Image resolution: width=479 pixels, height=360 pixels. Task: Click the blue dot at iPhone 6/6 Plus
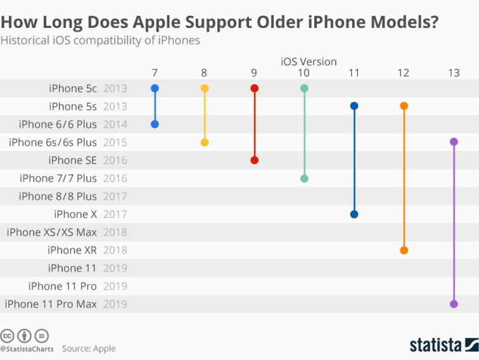155,124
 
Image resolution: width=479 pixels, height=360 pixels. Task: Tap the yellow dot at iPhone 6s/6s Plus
204,142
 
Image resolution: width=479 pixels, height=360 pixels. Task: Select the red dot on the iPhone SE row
254,160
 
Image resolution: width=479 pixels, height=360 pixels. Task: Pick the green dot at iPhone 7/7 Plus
304,178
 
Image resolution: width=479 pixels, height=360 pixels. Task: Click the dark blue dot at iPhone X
354,214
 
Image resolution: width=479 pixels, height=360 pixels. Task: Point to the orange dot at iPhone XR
404,250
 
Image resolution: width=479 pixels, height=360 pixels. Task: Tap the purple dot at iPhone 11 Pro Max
454,304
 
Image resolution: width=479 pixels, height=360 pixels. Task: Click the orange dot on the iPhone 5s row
404,106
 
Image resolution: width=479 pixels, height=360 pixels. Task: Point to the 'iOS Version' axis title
309,61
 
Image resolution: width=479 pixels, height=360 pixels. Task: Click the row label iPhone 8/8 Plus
58,196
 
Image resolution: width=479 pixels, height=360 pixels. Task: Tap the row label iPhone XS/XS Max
52,232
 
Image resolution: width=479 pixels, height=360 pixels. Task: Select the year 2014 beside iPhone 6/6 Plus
115,124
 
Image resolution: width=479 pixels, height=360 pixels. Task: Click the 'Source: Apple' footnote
89,349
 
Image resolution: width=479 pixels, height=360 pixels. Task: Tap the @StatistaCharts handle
27,349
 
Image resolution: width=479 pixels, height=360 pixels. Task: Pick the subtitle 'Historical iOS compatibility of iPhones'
100,41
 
